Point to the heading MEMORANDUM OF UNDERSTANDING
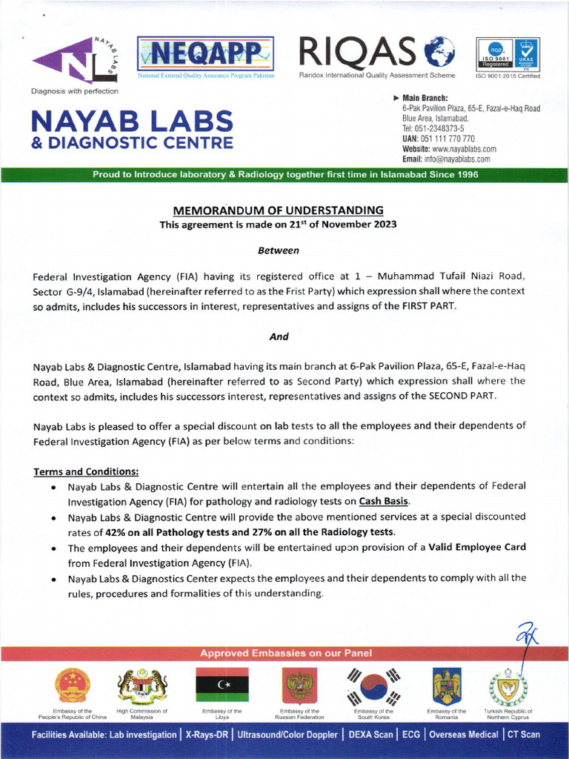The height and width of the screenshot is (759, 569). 278,211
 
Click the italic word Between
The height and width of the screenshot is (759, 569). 279,251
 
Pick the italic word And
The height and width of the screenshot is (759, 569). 279,336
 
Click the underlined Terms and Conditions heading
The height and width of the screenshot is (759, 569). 86,471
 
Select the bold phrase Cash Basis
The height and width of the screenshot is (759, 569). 384,501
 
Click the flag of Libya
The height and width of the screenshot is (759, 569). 222,686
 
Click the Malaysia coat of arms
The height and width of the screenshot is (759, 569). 142,686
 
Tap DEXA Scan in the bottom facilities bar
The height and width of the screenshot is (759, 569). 368,735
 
